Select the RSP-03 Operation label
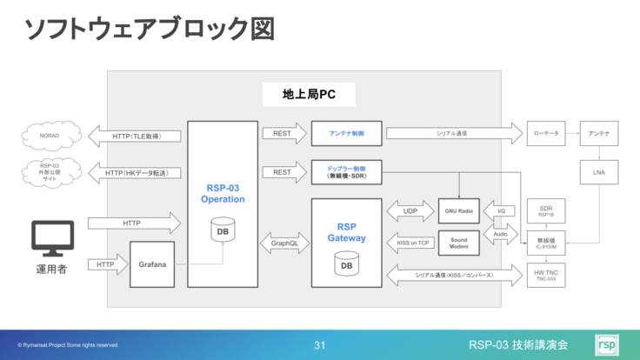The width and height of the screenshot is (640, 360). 223,192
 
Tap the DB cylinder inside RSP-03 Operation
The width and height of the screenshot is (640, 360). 223,232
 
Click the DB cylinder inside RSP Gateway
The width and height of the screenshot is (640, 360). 346,263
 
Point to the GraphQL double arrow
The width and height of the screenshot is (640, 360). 284,243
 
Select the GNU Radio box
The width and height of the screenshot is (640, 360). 459,211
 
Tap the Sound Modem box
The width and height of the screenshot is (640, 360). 459,243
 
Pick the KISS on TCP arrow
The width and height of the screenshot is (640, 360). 413,243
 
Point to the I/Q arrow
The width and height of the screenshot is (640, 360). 501,211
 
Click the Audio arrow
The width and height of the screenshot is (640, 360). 501,234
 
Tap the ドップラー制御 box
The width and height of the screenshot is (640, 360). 346,171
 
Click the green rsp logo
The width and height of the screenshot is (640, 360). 606,345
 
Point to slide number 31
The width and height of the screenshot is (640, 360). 319,346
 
